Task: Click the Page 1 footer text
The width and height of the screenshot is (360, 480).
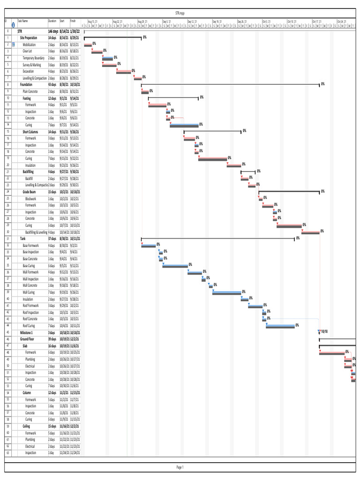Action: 180,467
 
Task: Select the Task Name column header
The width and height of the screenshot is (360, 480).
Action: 23,21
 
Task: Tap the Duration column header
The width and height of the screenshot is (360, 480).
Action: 52,21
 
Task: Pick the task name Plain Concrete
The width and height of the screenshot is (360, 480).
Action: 30,91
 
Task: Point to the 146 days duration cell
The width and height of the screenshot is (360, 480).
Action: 53,31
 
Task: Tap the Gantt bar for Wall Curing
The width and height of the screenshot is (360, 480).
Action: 227,292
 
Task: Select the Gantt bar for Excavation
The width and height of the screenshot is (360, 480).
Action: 123,72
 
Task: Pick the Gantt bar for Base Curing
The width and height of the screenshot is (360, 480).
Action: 175,266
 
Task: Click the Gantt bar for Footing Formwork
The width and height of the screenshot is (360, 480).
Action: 157,105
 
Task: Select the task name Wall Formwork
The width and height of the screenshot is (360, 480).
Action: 31,272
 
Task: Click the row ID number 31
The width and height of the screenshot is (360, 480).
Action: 8,239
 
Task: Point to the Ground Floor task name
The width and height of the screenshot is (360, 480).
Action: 29,338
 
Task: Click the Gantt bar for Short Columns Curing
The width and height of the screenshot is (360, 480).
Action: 212,159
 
